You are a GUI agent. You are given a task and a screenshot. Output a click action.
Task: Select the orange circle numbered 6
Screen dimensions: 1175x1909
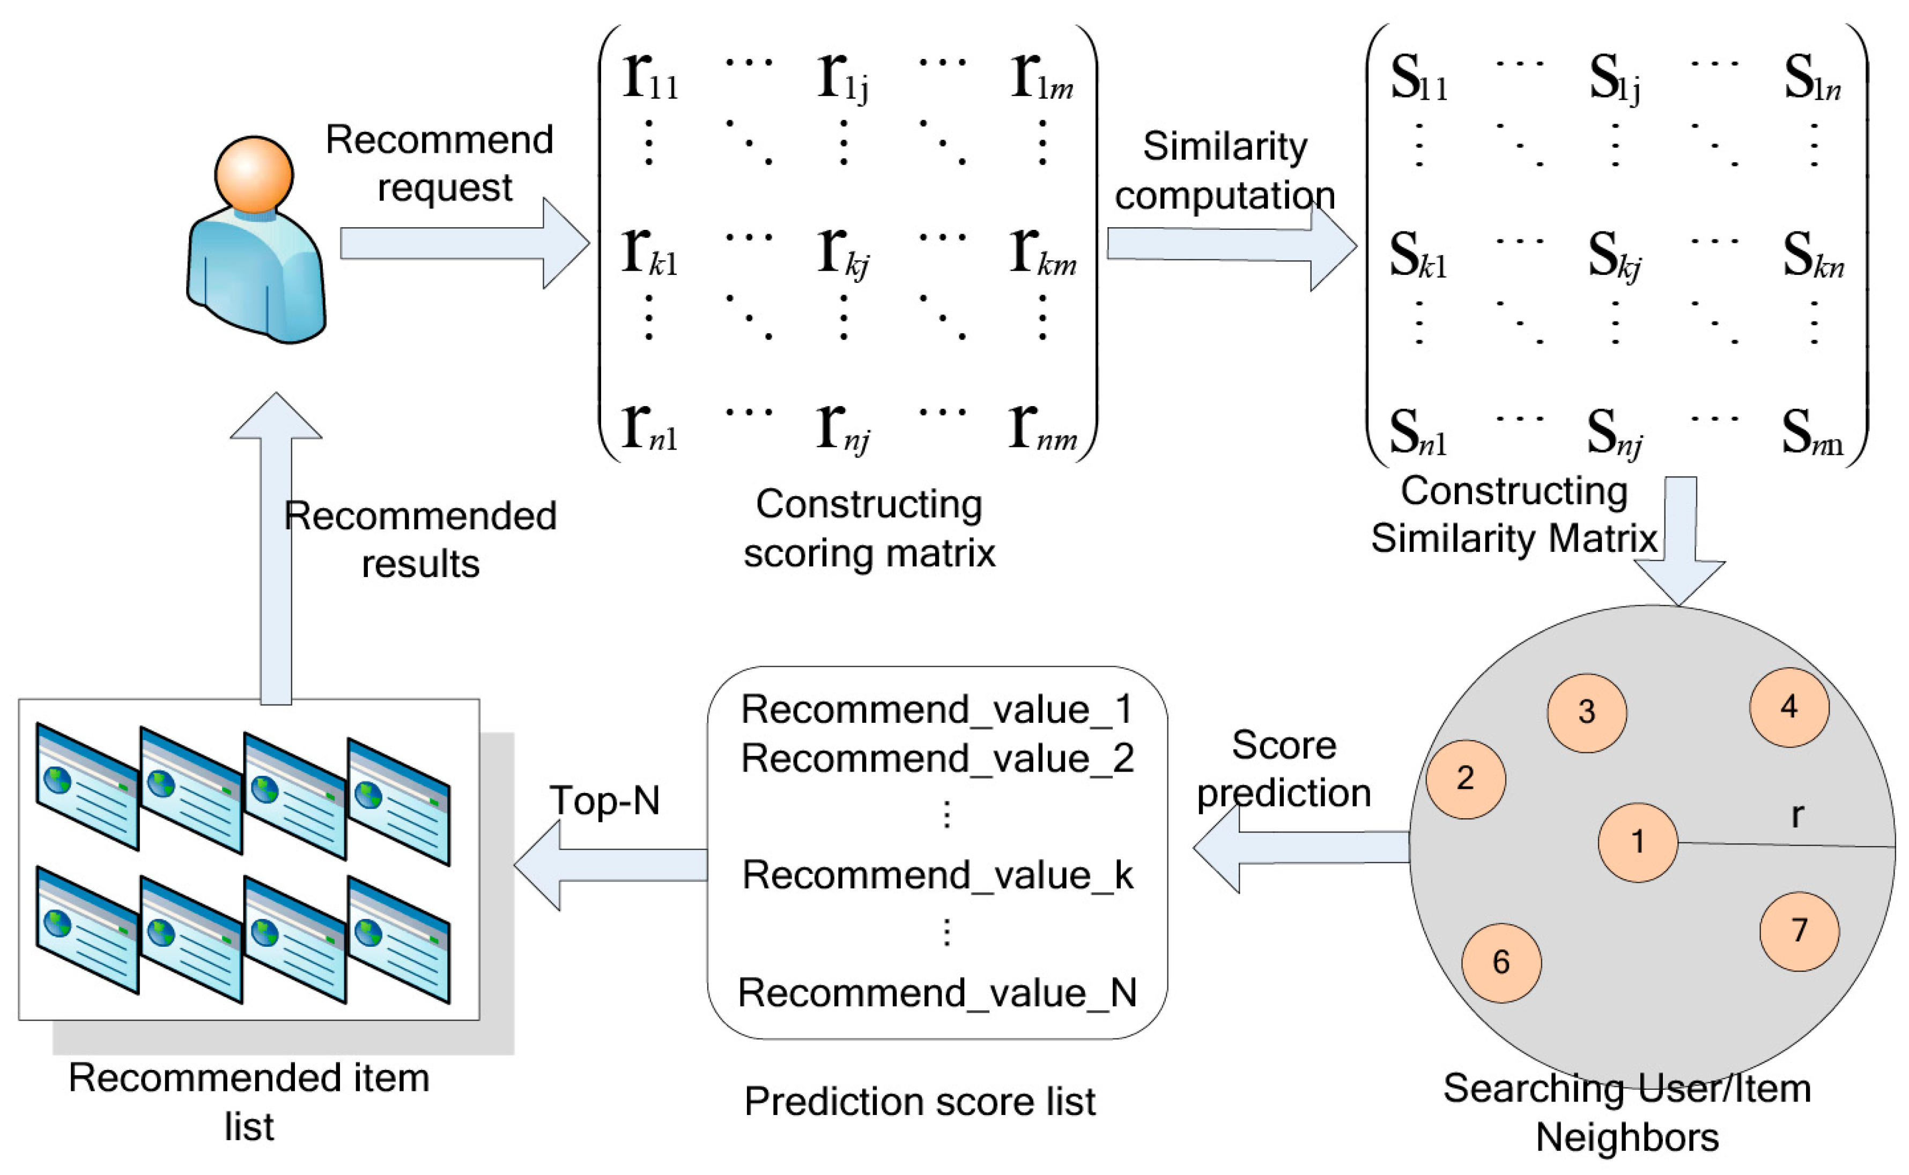pyautogui.click(x=1501, y=963)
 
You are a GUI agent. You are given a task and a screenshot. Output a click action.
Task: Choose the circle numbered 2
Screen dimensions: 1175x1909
pyautogui.click(x=1465, y=779)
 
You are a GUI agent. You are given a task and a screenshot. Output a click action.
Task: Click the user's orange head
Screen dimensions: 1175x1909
pyautogui.click(x=254, y=174)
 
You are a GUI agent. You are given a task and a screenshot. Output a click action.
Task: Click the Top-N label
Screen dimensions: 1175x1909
pyautogui.click(x=604, y=800)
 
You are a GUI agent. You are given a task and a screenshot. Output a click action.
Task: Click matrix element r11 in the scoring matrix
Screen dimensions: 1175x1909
pyautogui.click(x=650, y=78)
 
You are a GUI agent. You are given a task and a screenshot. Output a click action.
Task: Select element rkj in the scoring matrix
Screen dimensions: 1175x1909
pyautogui.click(x=843, y=252)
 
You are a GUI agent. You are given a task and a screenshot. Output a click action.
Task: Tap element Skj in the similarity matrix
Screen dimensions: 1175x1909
pyautogui.click(x=1614, y=257)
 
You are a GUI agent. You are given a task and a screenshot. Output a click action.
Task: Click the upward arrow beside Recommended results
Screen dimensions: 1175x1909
pyautogui.click(x=276, y=544)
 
